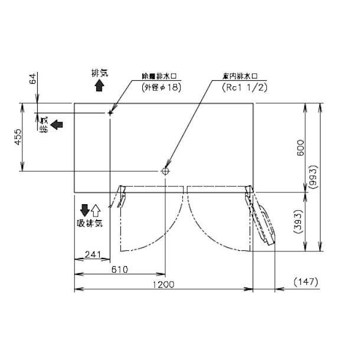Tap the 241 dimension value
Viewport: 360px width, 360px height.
point(92,254)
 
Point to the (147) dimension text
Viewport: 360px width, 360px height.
point(305,282)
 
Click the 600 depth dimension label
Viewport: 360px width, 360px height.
point(301,148)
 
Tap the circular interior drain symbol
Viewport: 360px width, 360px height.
point(165,171)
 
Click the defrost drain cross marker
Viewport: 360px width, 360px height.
point(110,112)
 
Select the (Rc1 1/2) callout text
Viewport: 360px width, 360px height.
point(244,87)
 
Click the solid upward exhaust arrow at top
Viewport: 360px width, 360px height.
point(99,86)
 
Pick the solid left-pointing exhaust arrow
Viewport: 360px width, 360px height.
point(57,124)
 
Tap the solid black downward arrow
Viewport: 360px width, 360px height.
point(84,210)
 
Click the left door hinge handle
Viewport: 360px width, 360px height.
point(122,195)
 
